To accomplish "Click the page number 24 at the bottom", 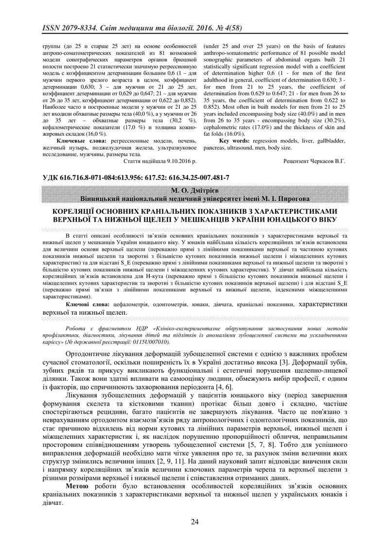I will [194, 522].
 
